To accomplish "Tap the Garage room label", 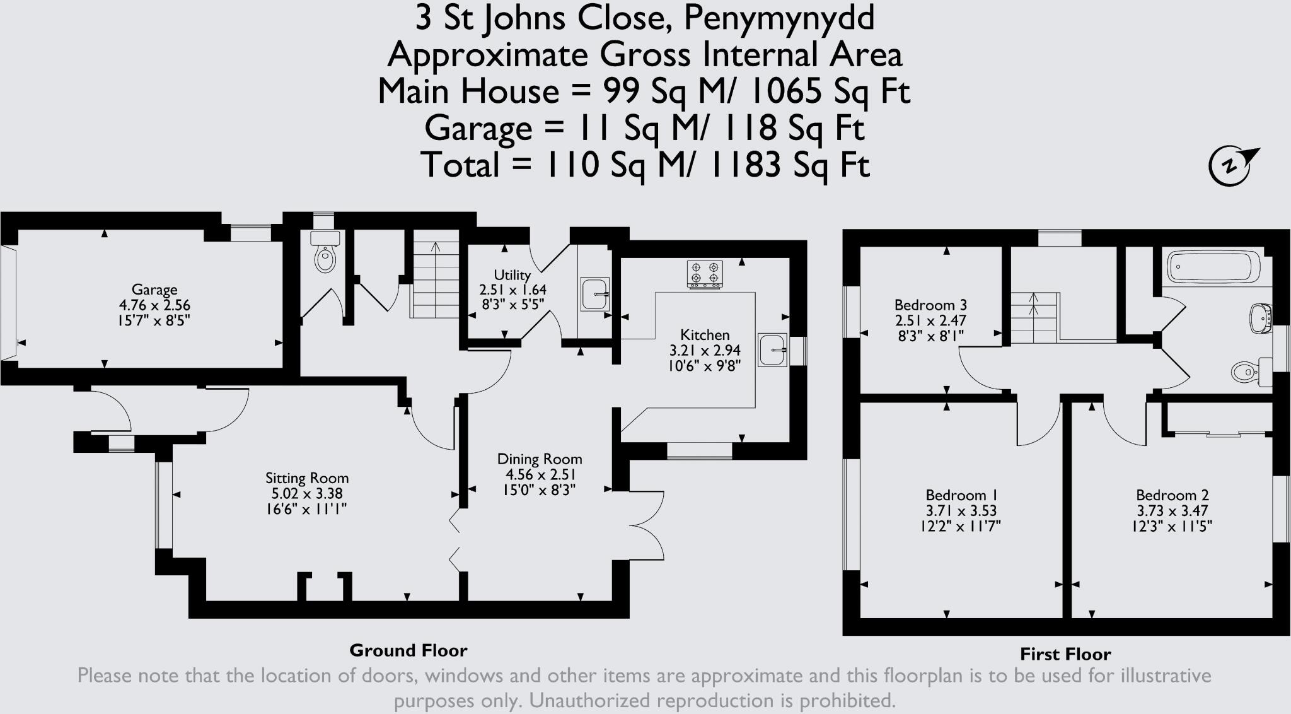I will (154, 290).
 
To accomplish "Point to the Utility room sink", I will (594, 294).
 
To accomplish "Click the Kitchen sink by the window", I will (772, 349).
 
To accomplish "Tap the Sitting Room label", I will (307, 478).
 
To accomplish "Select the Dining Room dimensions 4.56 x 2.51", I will (540, 474).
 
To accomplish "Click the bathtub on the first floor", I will (1213, 267).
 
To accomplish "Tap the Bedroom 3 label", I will (930, 305).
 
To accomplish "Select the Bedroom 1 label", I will (961, 495).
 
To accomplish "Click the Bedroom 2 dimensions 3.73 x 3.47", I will (1172, 510).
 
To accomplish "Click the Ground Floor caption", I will (408, 650).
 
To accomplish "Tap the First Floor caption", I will (1065, 654).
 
